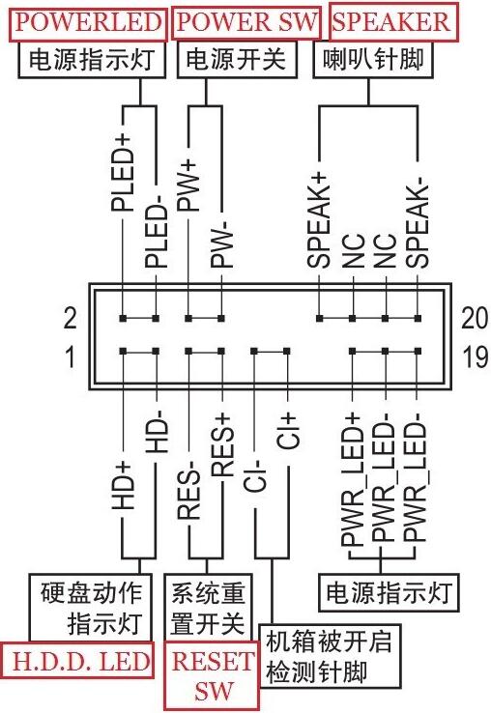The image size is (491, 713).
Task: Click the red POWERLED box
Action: [85, 21]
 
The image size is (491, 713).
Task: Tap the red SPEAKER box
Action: [391, 21]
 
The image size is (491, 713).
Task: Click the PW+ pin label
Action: [189, 193]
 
